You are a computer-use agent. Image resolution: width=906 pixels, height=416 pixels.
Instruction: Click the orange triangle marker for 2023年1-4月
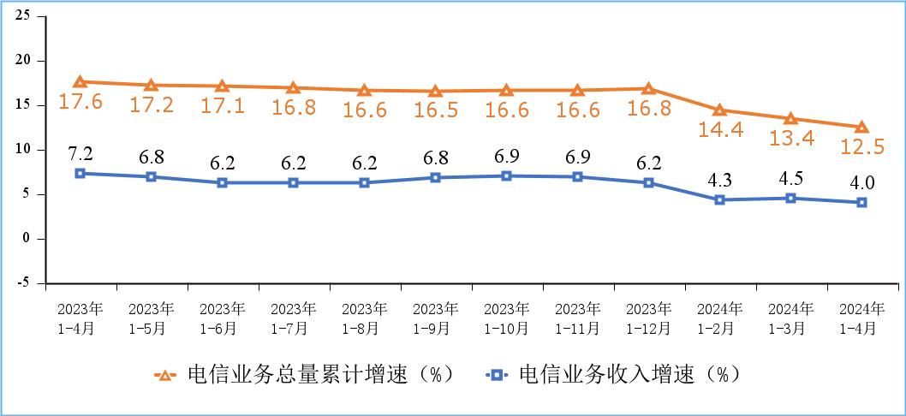pos(80,82)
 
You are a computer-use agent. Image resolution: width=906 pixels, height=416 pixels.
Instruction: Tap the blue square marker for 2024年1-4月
pos(861,203)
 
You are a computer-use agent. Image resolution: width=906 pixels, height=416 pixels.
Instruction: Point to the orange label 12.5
pos(861,147)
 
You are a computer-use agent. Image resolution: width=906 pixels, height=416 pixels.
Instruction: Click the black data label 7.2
pos(80,154)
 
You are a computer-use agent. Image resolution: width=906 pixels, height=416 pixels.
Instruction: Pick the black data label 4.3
pos(720,181)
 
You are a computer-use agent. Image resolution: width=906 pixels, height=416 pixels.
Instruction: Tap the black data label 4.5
pos(790,180)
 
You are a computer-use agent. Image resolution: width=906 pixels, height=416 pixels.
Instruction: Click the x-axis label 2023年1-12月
pos(648,318)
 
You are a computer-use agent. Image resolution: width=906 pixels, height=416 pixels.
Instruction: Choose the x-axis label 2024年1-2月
pos(719,318)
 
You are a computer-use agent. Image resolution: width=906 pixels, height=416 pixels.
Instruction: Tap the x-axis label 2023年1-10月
pos(506,318)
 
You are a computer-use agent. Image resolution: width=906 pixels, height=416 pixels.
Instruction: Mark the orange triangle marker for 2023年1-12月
pos(648,89)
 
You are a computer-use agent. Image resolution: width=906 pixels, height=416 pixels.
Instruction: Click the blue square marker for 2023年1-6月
pos(222,182)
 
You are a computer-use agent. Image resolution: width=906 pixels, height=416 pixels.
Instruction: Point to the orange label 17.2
pos(151,104)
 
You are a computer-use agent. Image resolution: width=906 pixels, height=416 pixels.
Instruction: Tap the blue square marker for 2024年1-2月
pos(719,199)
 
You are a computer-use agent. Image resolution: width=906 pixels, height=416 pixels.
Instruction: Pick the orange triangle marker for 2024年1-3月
pos(790,119)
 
